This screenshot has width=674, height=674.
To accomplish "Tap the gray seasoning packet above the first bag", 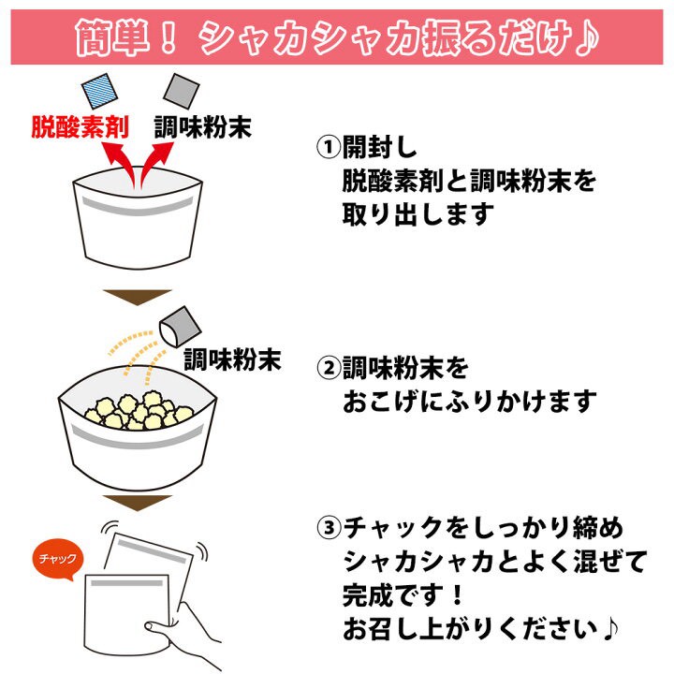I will (x=180, y=91).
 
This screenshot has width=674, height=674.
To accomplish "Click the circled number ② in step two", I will (x=328, y=367).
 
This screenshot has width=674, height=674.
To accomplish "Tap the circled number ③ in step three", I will (x=328, y=529).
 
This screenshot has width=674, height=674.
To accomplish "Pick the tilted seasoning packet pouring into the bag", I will (x=179, y=325).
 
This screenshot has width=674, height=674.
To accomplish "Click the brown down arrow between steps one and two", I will (x=137, y=298).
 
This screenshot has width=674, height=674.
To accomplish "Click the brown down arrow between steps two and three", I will (x=137, y=505).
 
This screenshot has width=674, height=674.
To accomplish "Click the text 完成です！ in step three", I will (x=404, y=593).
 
